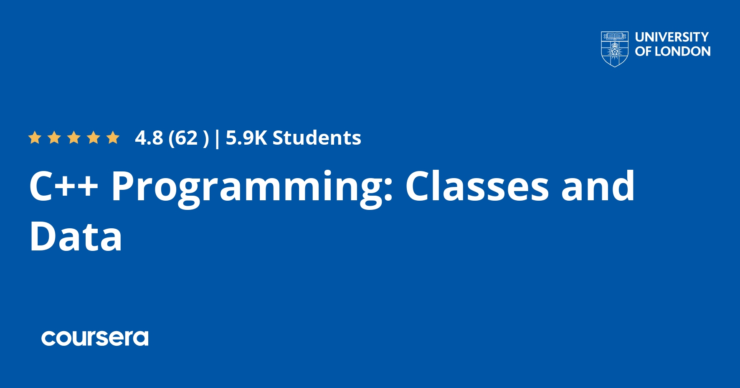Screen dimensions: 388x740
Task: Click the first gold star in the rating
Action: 35,137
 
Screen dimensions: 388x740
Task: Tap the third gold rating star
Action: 74,137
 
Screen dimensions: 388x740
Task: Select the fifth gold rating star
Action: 113,137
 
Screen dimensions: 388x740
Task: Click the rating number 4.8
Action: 149,138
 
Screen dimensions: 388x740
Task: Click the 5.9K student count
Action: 246,138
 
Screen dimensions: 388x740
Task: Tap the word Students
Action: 317,138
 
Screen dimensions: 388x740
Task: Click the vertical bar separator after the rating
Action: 217,139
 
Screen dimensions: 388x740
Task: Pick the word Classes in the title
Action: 477,186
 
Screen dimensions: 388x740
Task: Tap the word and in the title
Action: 598,186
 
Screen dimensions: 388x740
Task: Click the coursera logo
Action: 95,338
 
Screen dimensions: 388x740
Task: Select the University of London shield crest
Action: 614,49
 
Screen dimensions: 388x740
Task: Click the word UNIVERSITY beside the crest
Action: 672,37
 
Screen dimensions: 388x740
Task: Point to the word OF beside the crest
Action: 643,51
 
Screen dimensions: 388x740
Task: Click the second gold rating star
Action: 54,137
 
